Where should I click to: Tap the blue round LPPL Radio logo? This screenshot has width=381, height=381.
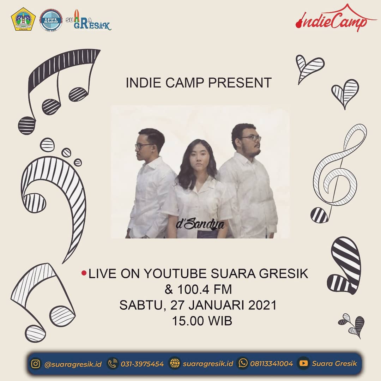point(51,20)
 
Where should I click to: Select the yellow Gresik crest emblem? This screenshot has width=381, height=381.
point(23,19)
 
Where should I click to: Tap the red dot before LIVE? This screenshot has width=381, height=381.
point(84,273)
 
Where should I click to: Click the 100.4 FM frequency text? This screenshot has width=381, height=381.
point(198,290)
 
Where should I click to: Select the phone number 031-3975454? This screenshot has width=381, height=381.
point(142,364)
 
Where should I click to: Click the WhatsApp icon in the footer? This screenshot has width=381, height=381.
point(243,363)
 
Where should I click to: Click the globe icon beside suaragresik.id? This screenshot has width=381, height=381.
point(175,363)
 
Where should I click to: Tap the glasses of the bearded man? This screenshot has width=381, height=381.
point(252,138)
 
